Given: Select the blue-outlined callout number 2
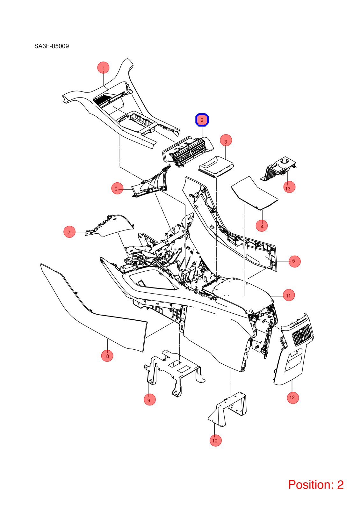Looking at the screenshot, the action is pyautogui.click(x=202, y=120).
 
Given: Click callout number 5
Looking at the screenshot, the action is pyautogui.click(x=294, y=261).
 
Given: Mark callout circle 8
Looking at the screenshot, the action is pyautogui.click(x=107, y=356).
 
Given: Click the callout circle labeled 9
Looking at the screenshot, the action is pyautogui.click(x=150, y=399).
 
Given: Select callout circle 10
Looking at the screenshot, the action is pyautogui.click(x=215, y=440).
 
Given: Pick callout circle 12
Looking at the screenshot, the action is pyautogui.click(x=293, y=398).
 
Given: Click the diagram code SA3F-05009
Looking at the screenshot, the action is pyautogui.click(x=51, y=46).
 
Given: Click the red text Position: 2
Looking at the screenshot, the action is pyautogui.click(x=316, y=484).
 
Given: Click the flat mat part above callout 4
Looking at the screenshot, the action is pyautogui.click(x=255, y=193).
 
